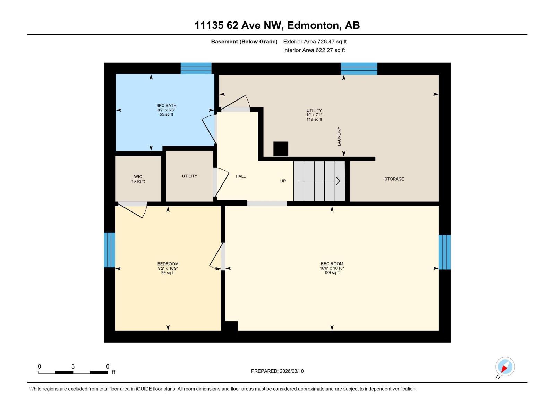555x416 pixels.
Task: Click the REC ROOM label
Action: tap(332, 263)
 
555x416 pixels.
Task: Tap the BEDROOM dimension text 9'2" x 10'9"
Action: tap(168, 268)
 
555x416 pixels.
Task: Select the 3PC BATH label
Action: tap(166, 105)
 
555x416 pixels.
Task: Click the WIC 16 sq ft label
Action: tap(138, 179)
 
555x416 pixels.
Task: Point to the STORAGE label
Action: tap(394, 179)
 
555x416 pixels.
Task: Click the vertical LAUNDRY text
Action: tap(339, 136)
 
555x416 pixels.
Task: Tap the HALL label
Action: tap(240, 176)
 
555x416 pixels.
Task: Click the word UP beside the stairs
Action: tap(283, 181)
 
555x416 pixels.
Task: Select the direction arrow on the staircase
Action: tap(319, 181)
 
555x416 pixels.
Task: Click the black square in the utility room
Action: tap(281, 149)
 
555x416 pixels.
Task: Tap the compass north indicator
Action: tap(505, 367)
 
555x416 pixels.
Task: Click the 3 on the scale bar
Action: tap(73, 366)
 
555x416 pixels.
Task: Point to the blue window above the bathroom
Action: tap(196, 68)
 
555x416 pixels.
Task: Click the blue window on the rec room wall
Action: tap(445, 252)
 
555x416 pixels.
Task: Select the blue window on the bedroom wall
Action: tap(110, 250)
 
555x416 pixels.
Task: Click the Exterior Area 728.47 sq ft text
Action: tap(315, 41)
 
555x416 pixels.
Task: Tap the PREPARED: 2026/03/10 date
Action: tap(277, 371)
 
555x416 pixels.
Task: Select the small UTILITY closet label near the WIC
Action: tap(189, 176)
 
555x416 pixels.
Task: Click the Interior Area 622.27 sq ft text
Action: tap(314, 50)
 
